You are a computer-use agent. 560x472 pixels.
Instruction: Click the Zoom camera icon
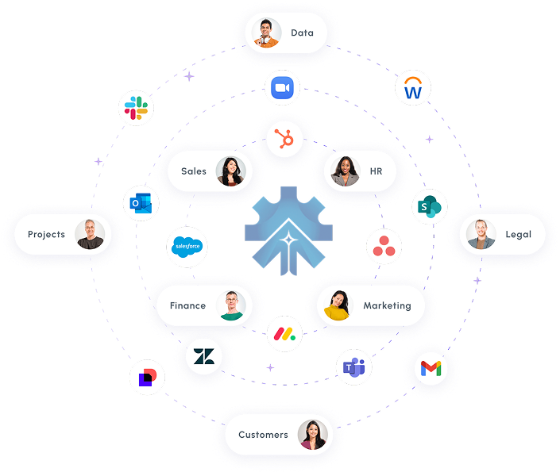coord(283,88)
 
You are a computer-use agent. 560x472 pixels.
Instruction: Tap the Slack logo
coord(136,107)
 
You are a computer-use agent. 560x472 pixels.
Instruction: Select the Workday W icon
coord(413,89)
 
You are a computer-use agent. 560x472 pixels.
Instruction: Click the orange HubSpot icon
coord(282,140)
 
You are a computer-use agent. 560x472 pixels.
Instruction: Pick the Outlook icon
coord(141,204)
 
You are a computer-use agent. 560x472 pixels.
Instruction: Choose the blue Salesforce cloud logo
coord(188,248)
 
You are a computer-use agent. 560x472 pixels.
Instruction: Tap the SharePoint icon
coord(430,206)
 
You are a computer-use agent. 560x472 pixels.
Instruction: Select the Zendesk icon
coord(204,356)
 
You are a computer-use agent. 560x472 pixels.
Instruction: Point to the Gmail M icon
coord(430,368)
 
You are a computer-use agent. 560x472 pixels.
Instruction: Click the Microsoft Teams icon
coord(353,366)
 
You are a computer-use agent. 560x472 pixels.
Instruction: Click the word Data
coord(302,33)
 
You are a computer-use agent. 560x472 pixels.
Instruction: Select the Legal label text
coord(518,234)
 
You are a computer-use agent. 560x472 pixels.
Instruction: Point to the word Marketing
coord(387,305)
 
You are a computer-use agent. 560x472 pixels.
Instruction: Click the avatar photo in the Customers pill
coord(312,435)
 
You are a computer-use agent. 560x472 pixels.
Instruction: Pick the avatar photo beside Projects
coord(90,234)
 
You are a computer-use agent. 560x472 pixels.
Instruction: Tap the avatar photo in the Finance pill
coord(231,305)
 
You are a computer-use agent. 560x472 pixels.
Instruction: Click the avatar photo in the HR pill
coord(346,171)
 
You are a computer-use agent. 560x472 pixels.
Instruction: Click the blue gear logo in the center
coord(280,231)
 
